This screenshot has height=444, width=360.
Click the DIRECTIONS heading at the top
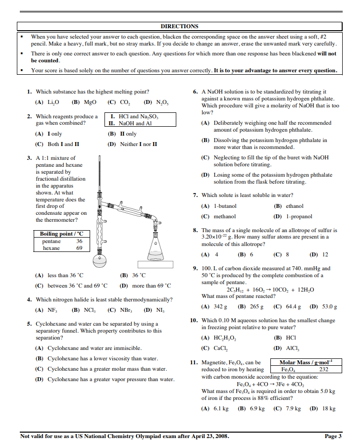coord(179,26)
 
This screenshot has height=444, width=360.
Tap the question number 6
coord(196,92)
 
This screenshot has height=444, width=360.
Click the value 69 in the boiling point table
coord(79,248)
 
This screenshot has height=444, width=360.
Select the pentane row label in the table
coord(51,241)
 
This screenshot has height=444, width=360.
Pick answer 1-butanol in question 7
coord(225,206)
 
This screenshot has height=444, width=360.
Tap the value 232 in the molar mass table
coord(324,369)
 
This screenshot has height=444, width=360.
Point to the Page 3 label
coord(333,436)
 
